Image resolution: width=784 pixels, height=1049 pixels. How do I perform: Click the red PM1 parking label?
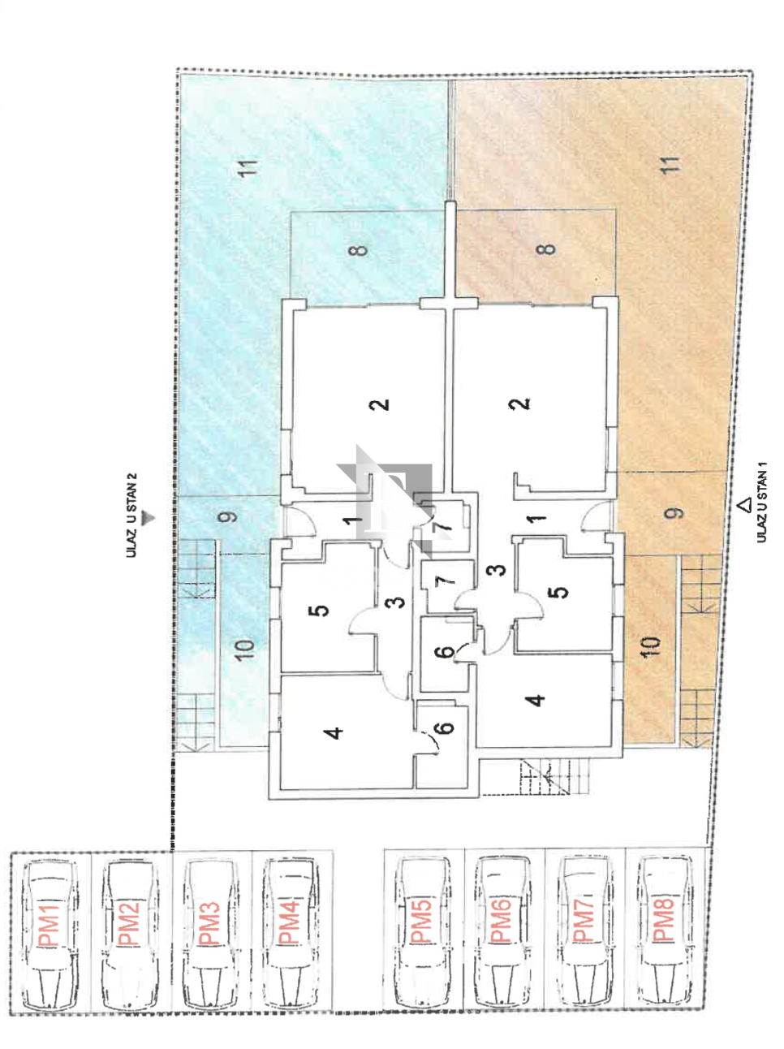click(50, 926)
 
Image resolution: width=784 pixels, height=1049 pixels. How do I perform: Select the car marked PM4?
click(290, 931)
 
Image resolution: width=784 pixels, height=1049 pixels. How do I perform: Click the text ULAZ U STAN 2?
click(131, 516)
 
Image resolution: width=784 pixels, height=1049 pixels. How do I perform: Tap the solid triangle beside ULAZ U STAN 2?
click(148, 518)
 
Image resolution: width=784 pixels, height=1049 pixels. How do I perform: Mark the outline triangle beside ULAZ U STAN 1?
click(744, 505)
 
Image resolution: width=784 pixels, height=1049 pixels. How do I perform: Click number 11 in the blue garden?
click(249, 168)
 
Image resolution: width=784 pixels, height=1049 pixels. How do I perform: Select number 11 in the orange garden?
click(671, 165)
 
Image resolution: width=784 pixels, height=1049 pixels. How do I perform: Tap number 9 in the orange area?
click(674, 513)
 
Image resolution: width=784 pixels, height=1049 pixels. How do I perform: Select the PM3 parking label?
click(209, 923)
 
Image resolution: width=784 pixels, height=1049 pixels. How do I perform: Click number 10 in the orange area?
click(650, 647)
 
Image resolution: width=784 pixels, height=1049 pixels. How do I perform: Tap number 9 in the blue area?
click(227, 517)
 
